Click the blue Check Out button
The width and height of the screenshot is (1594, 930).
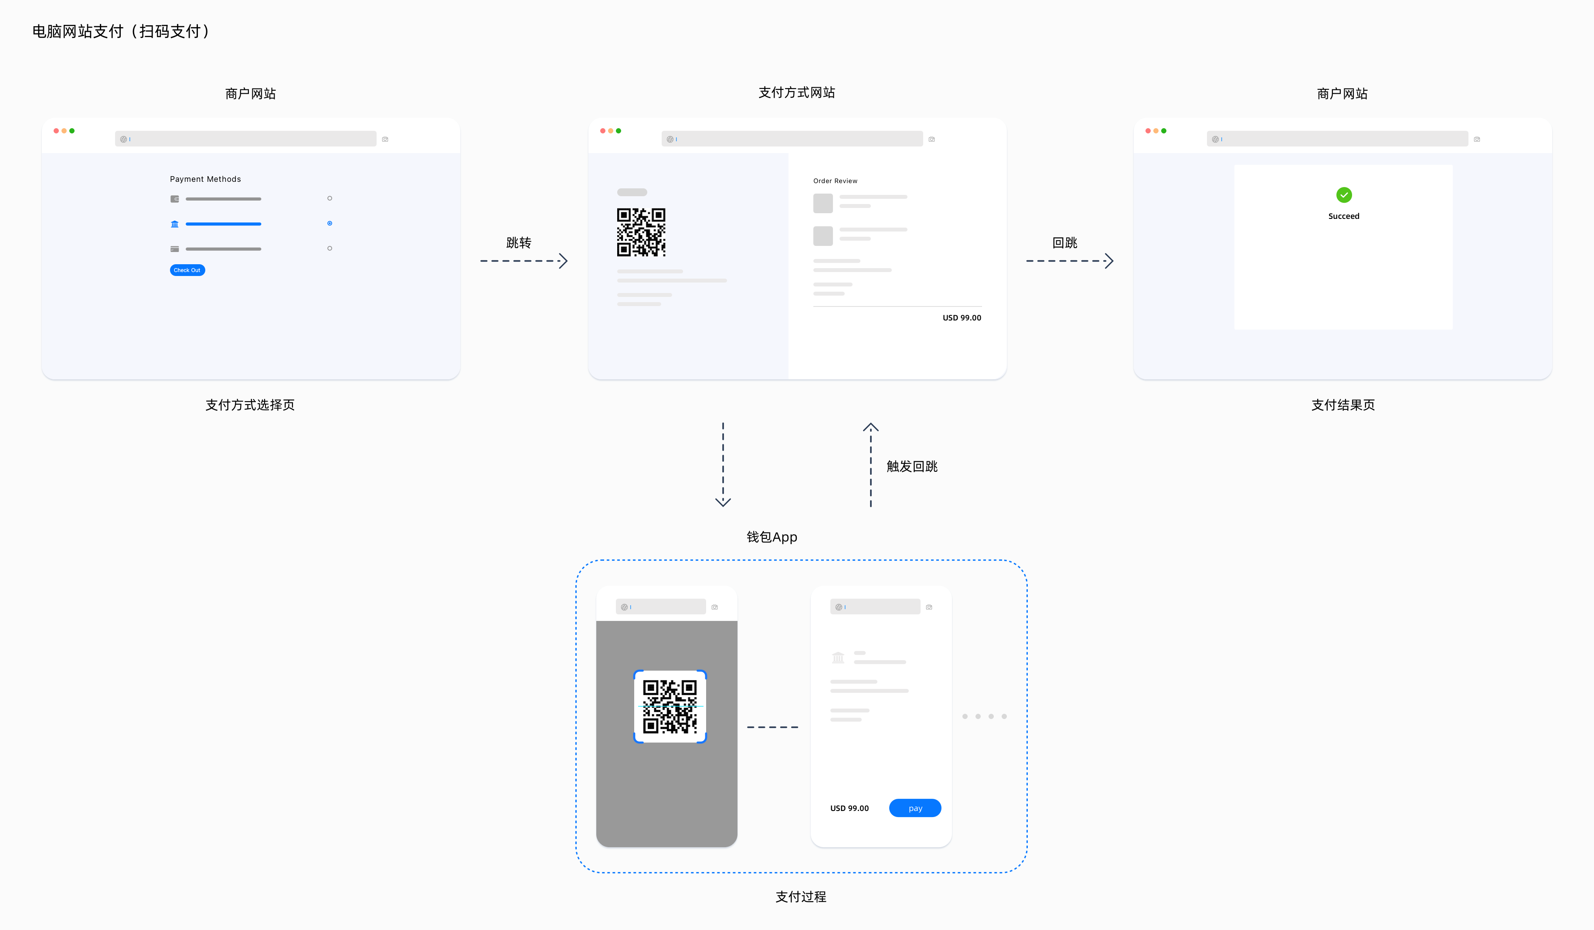click(187, 270)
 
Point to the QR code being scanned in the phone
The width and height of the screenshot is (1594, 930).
click(670, 706)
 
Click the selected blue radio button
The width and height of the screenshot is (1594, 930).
click(330, 223)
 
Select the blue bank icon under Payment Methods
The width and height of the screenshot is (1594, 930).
click(175, 224)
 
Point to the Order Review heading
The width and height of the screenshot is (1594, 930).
click(835, 181)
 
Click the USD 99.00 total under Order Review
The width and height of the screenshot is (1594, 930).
click(962, 317)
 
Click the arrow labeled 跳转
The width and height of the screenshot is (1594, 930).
click(524, 261)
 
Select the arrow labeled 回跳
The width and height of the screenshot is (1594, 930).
click(1070, 261)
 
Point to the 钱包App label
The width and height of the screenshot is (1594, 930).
click(772, 537)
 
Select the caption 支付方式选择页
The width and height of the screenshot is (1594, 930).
click(250, 405)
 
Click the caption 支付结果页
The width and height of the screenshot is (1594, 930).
click(1343, 405)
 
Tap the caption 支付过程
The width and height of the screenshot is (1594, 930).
click(801, 896)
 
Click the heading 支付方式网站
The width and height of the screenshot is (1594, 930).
click(796, 93)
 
